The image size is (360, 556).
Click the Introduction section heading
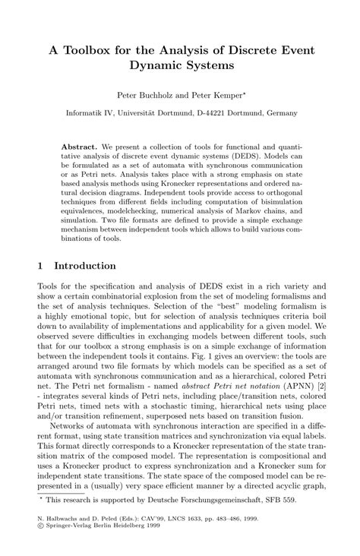pyautogui.click(x=83, y=266)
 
